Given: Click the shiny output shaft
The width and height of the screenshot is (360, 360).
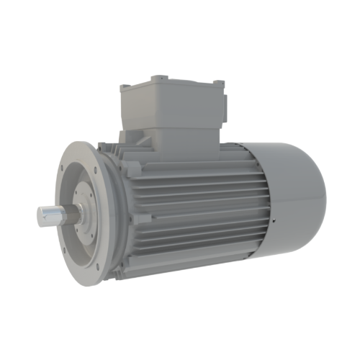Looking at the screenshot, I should point(54,214).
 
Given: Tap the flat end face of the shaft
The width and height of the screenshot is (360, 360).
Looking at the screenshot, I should point(41,215).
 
